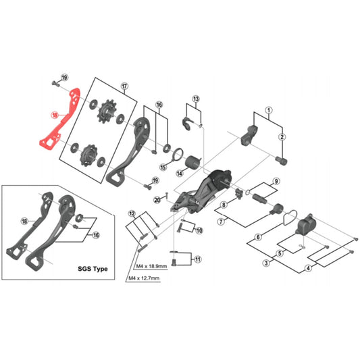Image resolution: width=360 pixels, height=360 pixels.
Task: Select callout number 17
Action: point(124,86)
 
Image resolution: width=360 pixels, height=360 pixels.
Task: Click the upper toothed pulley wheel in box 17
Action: point(107,114)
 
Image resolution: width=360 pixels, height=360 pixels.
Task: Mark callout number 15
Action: point(163,167)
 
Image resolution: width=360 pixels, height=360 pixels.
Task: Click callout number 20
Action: point(157,199)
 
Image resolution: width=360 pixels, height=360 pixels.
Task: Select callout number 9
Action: point(276,182)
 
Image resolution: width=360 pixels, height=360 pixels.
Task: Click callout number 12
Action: point(132,213)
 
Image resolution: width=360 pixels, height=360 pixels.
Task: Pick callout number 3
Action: point(267,262)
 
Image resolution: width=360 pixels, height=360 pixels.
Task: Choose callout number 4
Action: point(308,267)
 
